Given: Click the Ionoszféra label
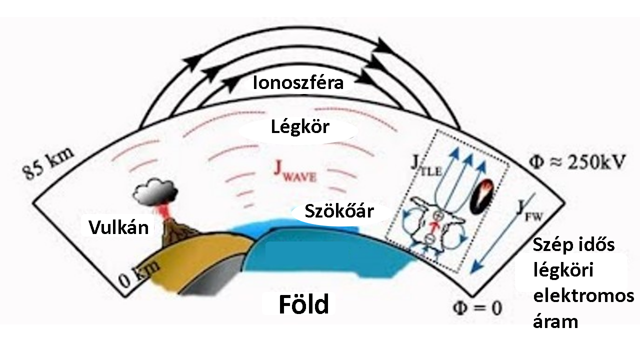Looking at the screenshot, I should pyautogui.click(x=298, y=82).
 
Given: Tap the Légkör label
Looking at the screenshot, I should pyautogui.click(x=300, y=127).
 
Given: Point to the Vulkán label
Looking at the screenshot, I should pyautogui.click(x=118, y=227).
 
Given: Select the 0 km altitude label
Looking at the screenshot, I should pyautogui.click(x=140, y=274).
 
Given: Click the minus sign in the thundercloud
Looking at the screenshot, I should pyautogui.click(x=429, y=240).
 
